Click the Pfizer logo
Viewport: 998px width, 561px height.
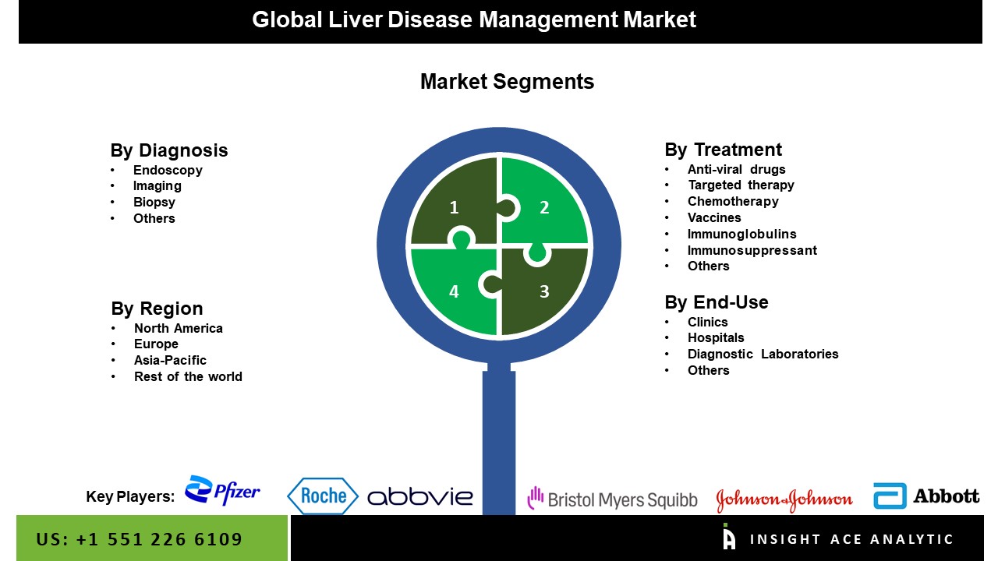[x=222, y=491]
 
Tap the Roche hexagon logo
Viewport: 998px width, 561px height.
[x=323, y=496]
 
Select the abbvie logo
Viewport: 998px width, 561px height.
[x=419, y=496]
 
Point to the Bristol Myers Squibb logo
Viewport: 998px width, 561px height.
[x=612, y=499]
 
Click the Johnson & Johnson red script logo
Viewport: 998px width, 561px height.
[x=784, y=499]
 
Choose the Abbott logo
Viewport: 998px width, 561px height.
[x=926, y=496]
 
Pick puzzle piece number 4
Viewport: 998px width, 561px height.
[x=454, y=291]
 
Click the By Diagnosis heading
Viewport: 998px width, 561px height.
[x=169, y=150]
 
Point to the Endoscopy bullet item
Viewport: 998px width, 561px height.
[x=168, y=170]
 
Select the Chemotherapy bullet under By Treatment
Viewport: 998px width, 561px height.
[x=733, y=201]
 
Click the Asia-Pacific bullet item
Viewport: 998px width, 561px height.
[x=170, y=360]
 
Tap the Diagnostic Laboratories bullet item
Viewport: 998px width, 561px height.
[x=763, y=354]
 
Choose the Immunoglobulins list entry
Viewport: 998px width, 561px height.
[x=741, y=234]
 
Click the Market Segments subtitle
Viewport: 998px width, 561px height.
[x=507, y=82]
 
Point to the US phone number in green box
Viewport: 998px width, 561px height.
[x=140, y=539]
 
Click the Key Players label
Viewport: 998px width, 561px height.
[x=130, y=497]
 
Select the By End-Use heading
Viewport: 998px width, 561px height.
[x=716, y=302]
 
